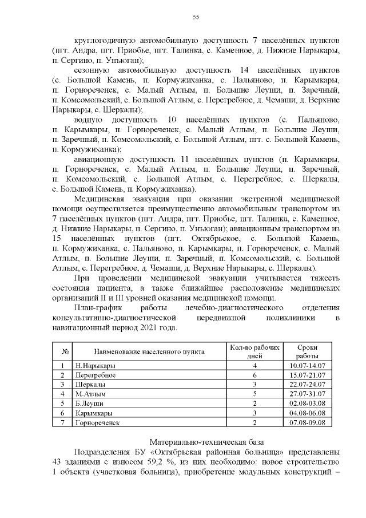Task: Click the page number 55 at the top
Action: (x=196, y=18)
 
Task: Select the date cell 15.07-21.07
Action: (x=308, y=375)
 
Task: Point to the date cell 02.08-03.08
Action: (x=308, y=404)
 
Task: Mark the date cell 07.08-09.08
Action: (x=308, y=422)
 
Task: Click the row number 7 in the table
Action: (x=61, y=422)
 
